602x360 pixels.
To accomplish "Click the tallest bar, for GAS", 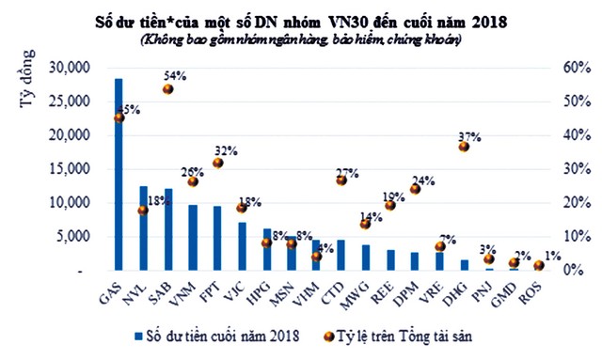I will coord(119,175).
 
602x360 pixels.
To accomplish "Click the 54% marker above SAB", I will coord(168,89).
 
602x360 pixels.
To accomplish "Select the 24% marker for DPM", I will coord(415,190).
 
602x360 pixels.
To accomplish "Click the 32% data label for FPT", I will coord(226,150).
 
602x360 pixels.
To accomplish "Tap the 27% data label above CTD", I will coord(349,172).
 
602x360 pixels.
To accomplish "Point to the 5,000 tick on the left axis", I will coord(76,237).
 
